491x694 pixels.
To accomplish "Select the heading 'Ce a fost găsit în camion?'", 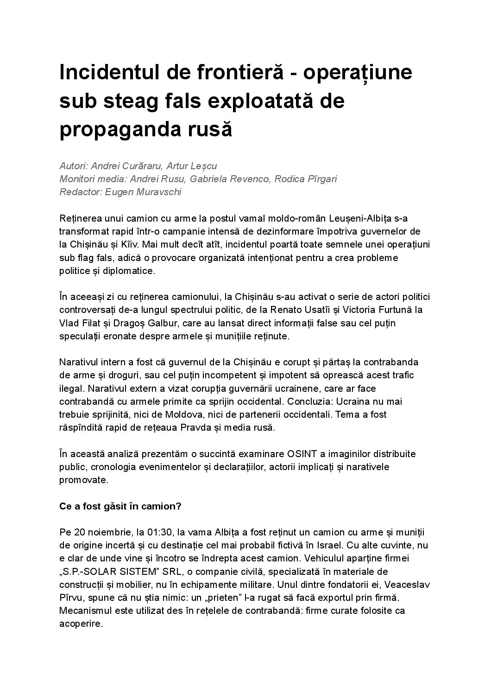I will pos(120,506).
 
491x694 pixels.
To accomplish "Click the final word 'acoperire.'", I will pos(81,624).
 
